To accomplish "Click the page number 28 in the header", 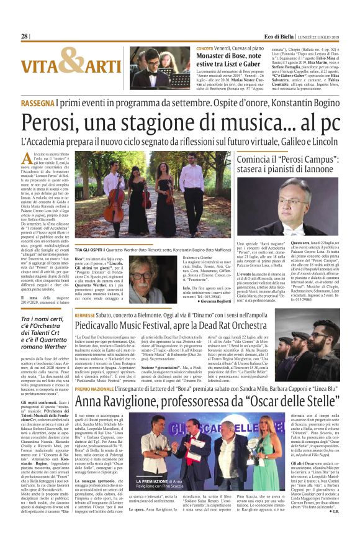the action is point(24,37).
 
